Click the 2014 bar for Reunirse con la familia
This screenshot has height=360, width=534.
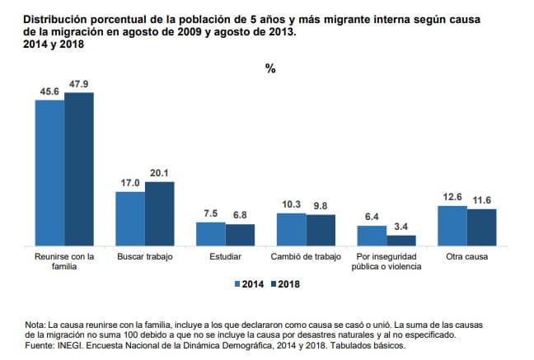[49, 173]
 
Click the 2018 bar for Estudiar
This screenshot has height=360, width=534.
[240, 236]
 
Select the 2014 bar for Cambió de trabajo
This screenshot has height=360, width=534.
[291, 230]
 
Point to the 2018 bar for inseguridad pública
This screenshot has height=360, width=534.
[401, 241]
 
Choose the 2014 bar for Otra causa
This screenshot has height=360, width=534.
[452, 226]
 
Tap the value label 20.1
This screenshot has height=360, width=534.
[159, 173]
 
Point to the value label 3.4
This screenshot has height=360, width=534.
[402, 227]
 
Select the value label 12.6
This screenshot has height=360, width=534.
[452, 197]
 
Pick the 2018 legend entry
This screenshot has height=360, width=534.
[284, 285]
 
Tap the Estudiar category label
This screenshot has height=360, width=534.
[225, 257]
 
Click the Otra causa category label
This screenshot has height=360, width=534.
[466, 257]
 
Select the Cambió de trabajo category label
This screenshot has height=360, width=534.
[306, 257]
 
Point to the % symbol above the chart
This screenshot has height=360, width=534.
[269, 69]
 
